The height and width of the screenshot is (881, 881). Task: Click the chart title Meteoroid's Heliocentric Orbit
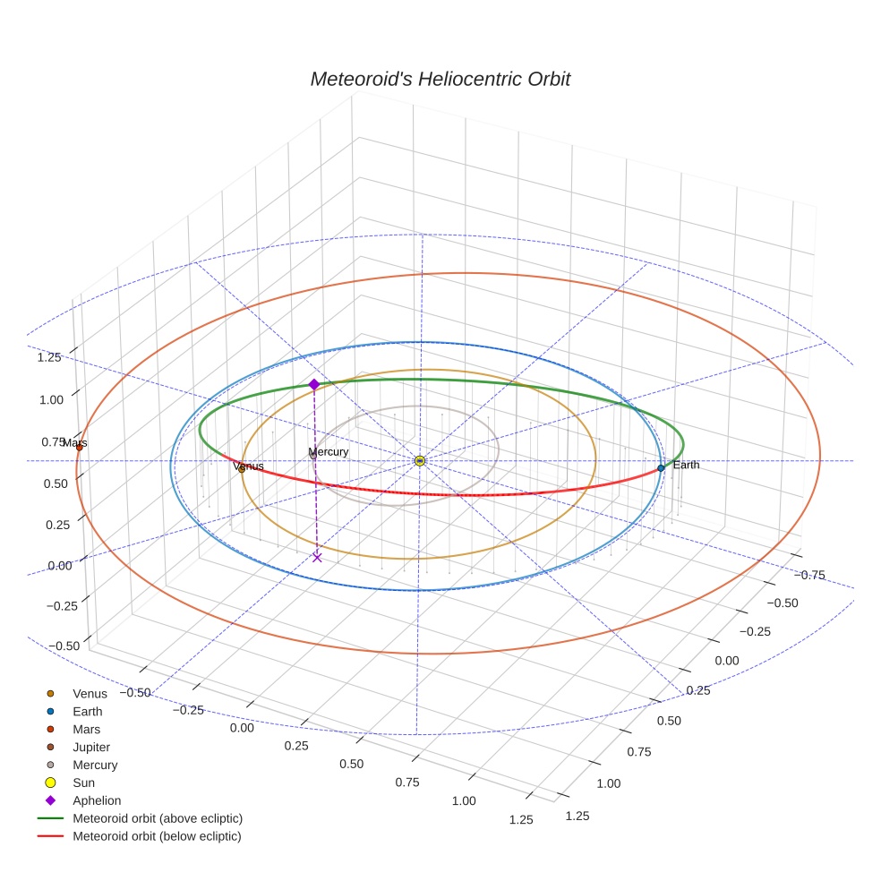(x=440, y=79)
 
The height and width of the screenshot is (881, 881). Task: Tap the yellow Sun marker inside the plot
(x=420, y=460)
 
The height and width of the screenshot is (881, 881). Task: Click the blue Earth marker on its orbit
(x=661, y=467)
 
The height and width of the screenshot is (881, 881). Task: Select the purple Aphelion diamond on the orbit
(x=314, y=384)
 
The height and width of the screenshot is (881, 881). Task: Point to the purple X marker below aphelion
(x=317, y=557)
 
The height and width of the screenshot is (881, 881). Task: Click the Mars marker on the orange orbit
(x=79, y=447)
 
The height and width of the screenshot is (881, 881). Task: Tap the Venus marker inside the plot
(x=241, y=469)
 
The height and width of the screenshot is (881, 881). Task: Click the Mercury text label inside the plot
(x=328, y=452)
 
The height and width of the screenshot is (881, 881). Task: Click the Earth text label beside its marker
(x=686, y=465)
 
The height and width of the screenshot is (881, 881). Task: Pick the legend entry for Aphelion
(x=96, y=800)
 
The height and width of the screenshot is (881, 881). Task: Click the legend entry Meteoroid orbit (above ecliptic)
(x=157, y=818)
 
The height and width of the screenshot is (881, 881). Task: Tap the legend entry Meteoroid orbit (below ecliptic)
(x=157, y=836)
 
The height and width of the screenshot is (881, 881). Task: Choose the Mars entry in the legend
(x=86, y=729)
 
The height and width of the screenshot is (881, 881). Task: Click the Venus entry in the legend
(x=90, y=693)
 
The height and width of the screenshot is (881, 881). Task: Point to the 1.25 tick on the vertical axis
(x=49, y=357)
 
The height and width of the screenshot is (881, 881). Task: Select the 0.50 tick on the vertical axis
(x=57, y=483)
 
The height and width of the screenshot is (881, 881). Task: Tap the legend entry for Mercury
(x=95, y=765)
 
